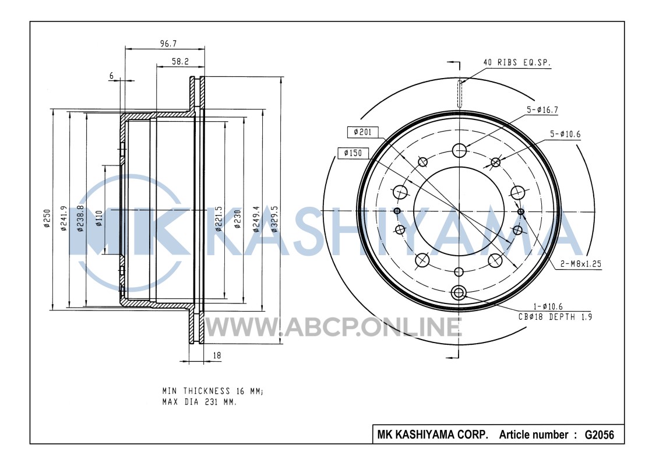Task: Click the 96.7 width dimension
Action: pos(168,44)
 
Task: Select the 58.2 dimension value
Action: pos(181,62)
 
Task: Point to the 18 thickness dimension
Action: pos(217,355)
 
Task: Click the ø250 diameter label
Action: pos(47,218)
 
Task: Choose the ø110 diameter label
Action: pos(98,218)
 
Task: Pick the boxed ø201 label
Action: pos(362,132)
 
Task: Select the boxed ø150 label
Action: pos(353,153)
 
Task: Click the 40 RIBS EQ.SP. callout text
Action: pos(517,62)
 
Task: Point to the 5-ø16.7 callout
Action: pos(542,110)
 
